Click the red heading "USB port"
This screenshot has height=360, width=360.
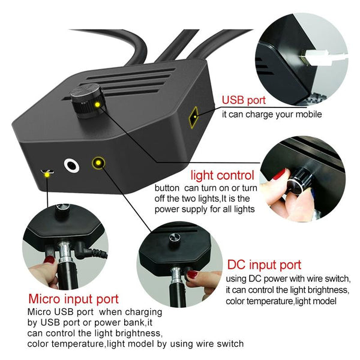[x=246, y=100]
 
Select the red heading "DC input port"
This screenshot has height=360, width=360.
[x=263, y=265]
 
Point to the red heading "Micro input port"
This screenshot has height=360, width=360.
[x=73, y=299]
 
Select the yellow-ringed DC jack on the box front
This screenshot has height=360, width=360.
[x=98, y=163]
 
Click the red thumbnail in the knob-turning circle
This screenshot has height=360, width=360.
[x=280, y=175]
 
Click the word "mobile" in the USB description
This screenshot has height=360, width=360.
[x=307, y=115]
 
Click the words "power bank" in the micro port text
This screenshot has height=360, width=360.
[x=127, y=322]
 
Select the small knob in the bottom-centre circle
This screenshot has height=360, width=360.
[x=176, y=236]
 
